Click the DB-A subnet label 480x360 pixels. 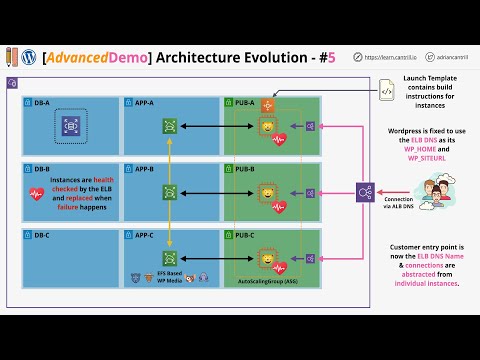(43, 102)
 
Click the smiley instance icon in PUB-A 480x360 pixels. (267, 126)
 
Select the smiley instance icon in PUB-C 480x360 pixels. (267, 258)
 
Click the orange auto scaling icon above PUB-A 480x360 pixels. (267, 104)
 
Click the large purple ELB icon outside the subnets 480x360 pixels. (366, 191)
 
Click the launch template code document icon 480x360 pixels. (385, 91)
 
